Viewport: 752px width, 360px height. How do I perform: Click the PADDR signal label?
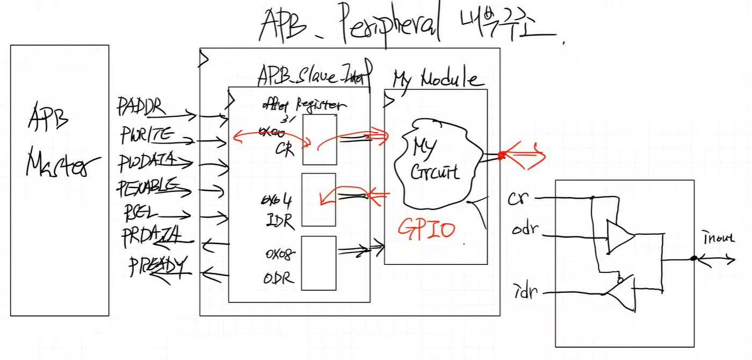point(139,106)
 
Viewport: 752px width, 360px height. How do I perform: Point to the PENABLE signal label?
point(147,187)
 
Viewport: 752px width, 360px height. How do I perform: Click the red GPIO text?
point(426,229)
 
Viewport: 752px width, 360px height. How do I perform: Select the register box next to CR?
point(319,139)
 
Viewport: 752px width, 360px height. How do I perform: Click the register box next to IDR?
point(319,199)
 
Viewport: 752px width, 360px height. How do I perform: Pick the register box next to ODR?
point(319,263)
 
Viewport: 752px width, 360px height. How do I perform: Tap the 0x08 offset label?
point(280,253)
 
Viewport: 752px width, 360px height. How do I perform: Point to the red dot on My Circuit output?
point(501,156)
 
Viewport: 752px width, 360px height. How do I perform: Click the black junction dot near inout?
point(693,258)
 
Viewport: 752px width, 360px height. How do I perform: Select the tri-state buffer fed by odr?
point(619,236)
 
